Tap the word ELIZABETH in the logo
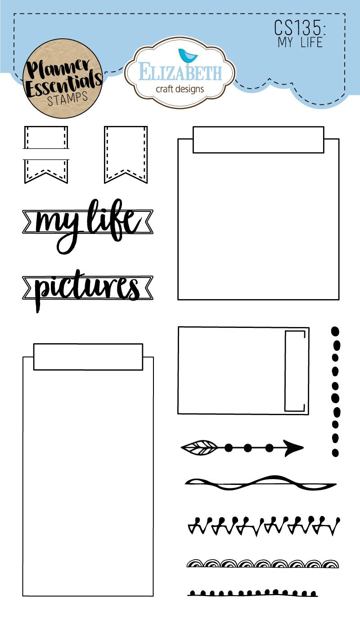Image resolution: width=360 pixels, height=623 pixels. pos(180,73)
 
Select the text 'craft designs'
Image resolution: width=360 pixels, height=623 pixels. pos(180,89)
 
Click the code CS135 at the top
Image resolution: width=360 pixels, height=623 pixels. pos(300,28)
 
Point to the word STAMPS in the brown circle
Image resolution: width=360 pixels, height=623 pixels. pos(67,99)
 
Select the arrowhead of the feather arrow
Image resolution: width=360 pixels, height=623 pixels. pos(292,448)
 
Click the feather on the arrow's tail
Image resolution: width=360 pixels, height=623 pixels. pos(199,448)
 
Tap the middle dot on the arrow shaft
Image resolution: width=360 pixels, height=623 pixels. pos(247,448)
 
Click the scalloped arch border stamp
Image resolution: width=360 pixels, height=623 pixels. pos(263,563)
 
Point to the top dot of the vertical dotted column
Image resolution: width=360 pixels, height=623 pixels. pos(335,331)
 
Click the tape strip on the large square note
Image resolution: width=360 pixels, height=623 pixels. pos(258,140)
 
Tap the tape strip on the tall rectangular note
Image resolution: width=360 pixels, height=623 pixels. pos(88,357)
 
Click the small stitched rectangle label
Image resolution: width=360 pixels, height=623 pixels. pos(46,137)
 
